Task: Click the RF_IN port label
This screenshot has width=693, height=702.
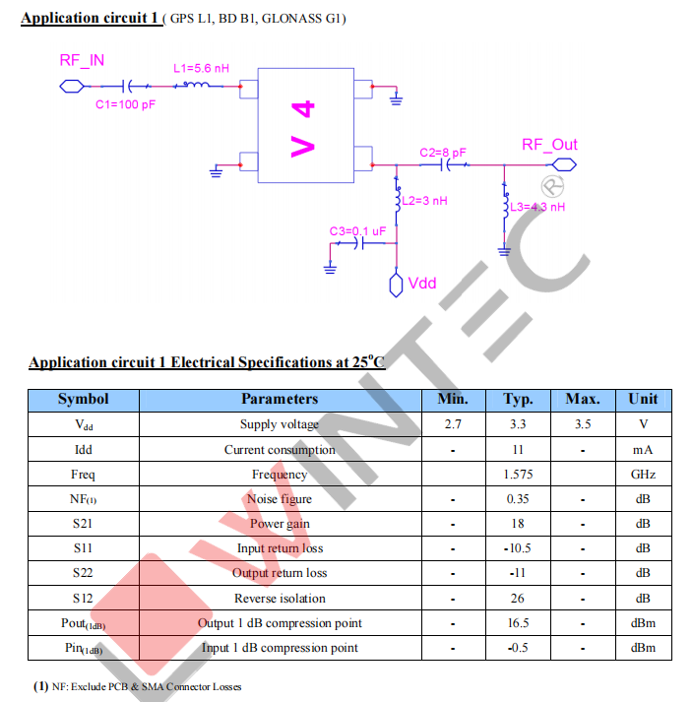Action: pyautogui.click(x=82, y=61)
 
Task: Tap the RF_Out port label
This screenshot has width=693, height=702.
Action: pyautogui.click(x=549, y=145)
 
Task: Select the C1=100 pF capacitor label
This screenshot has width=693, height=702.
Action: pyautogui.click(x=125, y=105)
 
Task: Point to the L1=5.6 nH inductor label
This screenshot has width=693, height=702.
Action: pyautogui.click(x=201, y=69)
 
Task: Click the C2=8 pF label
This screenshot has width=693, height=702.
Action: pyautogui.click(x=442, y=153)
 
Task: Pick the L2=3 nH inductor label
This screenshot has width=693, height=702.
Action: pyautogui.click(x=425, y=200)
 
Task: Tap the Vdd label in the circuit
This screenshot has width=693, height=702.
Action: pyautogui.click(x=421, y=284)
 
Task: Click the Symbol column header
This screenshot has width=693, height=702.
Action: pyautogui.click(x=83, y=399)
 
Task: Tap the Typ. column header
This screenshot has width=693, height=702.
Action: pyautogui.click(x=518, y=399)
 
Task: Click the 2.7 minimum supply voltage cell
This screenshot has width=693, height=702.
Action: pyautogui.click(x=452, y=424)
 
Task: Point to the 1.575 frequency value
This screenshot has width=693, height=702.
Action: pyautogui.click(x=518, y=474)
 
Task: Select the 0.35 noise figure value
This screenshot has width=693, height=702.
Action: pyautogui.click(x=518, y=499)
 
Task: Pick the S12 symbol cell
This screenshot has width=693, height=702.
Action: pyautogui.click(x=83, y=598)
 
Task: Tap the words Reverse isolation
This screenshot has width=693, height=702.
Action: pyautogui.click(x=280, y=598)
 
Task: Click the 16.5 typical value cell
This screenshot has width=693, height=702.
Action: pyautogui.click(x=518, y=623)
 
